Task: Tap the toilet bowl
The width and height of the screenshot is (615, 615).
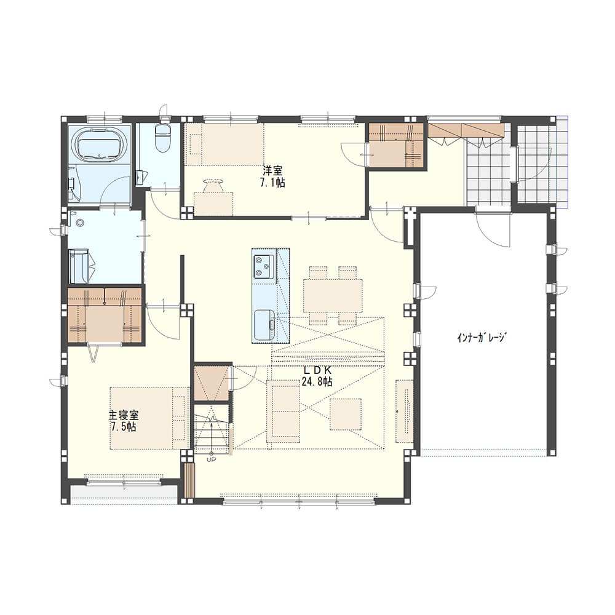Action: tap(163, 138)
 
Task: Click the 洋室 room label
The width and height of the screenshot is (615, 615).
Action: tap(272, 171)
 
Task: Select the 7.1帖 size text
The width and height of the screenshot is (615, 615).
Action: tap(272, 183)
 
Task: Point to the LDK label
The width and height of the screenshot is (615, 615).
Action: tap(318, 370)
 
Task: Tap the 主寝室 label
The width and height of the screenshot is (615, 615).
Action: tap(124, 415)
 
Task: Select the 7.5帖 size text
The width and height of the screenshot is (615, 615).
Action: tap(124, 427)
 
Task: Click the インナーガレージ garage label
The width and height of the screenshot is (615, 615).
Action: tap(482, 337)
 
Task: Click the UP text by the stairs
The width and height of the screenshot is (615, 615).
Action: tap(211, 459)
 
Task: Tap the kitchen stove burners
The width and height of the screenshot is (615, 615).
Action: tap(264, 266)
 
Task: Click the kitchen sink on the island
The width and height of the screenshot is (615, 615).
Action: tap(264, 325)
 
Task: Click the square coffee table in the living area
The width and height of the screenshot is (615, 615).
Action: tap(346, 414)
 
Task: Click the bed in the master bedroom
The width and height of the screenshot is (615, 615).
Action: tap(149, 418)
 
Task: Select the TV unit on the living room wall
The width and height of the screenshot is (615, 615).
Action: tap(404, 411)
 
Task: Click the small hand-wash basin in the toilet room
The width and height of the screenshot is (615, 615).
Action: tap(140, 178)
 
